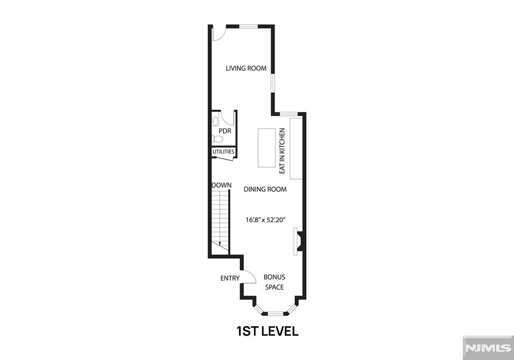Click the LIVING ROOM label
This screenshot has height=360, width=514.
[x=246, y=68]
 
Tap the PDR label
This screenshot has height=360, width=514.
[x=225, y=131]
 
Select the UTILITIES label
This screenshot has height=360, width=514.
[x=223, y=152]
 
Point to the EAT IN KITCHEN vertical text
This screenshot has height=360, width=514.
[x=282, y=151]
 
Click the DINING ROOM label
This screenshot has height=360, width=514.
[x=265, y=189]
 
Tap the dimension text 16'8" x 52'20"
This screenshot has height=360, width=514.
[x=266, y=220]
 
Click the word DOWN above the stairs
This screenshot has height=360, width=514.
[x=221, y=185]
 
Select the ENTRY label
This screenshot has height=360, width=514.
[x=230, y=278]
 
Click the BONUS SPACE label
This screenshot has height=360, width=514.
[x=275, y=282]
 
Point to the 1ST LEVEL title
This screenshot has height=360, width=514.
[x=268, y=331]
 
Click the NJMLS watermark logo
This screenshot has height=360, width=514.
[x=488, y=348]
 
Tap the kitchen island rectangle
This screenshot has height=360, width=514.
[x=267, y=148]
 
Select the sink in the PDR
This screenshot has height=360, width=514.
[x=215, y=122]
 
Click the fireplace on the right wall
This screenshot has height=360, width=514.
[x=298, y=242]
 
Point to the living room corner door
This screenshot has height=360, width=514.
[x=218, y=34]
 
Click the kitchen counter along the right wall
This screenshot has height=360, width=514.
[x=296, y=149]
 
